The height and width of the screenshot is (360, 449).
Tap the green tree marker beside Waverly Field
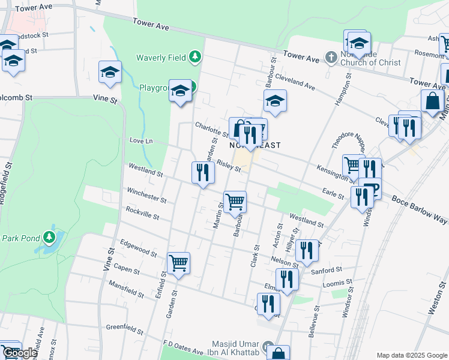(194, 58)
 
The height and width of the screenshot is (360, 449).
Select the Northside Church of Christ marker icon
(331, 58)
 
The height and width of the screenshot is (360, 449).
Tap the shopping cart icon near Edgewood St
(179, 263)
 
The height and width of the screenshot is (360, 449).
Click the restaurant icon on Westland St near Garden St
(203, 173)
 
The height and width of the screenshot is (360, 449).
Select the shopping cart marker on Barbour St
(235, 201)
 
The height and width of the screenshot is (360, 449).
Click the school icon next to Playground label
(180, 91)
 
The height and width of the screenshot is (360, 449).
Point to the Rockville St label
(142, 213)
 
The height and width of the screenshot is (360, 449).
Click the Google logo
(20, 353)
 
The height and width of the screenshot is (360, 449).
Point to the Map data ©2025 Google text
(411, 355)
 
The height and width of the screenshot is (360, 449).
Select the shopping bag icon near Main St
(432, 101)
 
